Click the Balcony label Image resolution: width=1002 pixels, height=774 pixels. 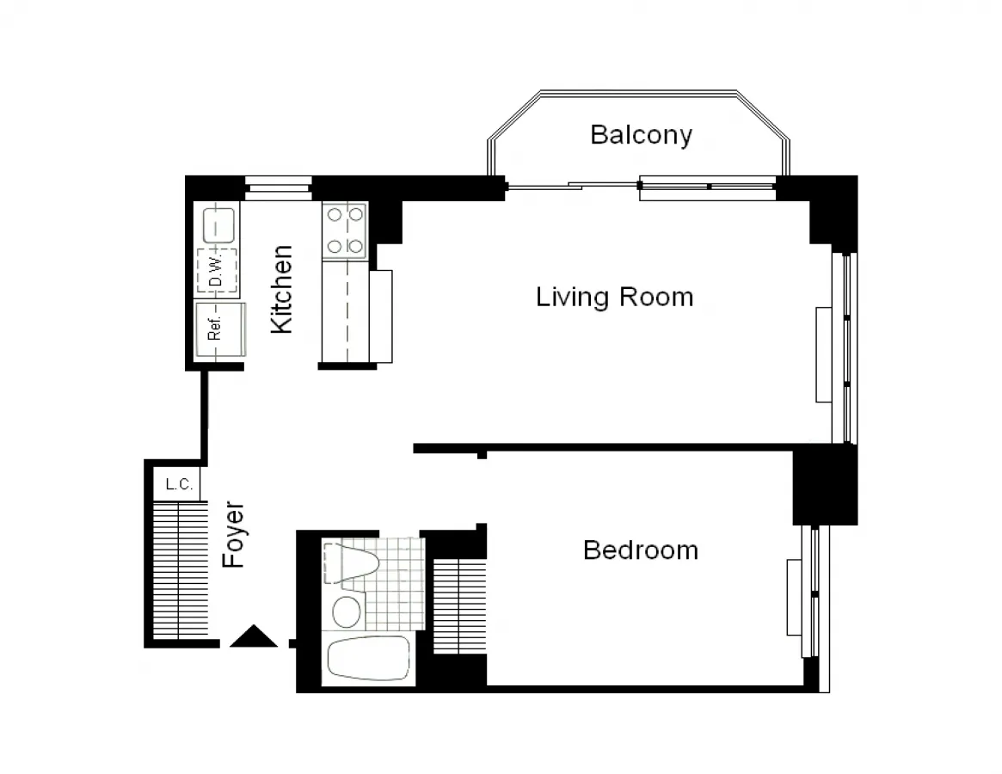click(x=641, y=135)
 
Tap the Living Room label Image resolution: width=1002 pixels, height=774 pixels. click(x=614, y=298)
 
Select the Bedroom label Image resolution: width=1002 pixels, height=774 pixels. click(x=640, y=550)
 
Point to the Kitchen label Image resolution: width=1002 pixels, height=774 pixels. click(x=282, y=290)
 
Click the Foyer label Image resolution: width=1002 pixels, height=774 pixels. click(x=234, y=534)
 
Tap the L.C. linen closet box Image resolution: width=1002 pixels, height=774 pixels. click(x=178, y=484)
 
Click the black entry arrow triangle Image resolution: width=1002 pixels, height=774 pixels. click(x=254, y=636)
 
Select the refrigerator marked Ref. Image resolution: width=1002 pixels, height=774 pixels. click(x=216, y=330)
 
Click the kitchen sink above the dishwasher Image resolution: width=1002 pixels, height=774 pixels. click(x=218, y=225)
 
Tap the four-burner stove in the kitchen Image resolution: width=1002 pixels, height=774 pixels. click(x=345, y=230)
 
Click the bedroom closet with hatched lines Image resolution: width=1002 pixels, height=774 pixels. click(x=459, y=605)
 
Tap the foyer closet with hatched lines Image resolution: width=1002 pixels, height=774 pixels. click(x=181, y=571)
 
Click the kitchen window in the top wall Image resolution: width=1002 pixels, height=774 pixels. click(x=278, y=188)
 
